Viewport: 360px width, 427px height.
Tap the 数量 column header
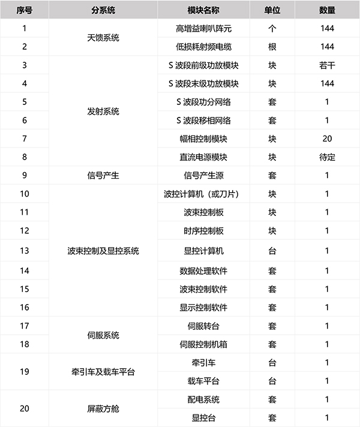coord(328,10)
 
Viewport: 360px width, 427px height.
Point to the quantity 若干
coord(328,65)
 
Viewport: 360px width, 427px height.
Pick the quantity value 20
coord(328,139)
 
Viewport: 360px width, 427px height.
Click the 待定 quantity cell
coord(328,157)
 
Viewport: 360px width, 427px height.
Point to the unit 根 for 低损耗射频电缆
coord(273,46)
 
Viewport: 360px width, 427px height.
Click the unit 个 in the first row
coord(273,28)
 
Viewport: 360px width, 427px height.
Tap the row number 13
coord(25,251)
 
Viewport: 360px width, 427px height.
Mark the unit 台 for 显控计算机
coord(273,251)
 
